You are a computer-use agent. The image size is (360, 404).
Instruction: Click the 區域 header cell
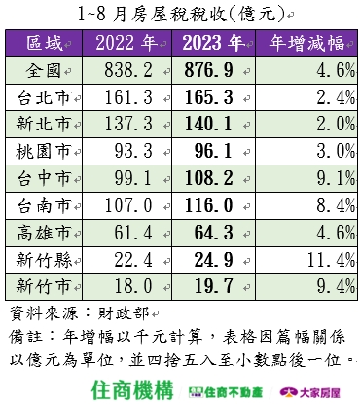(x=48, y=44)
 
